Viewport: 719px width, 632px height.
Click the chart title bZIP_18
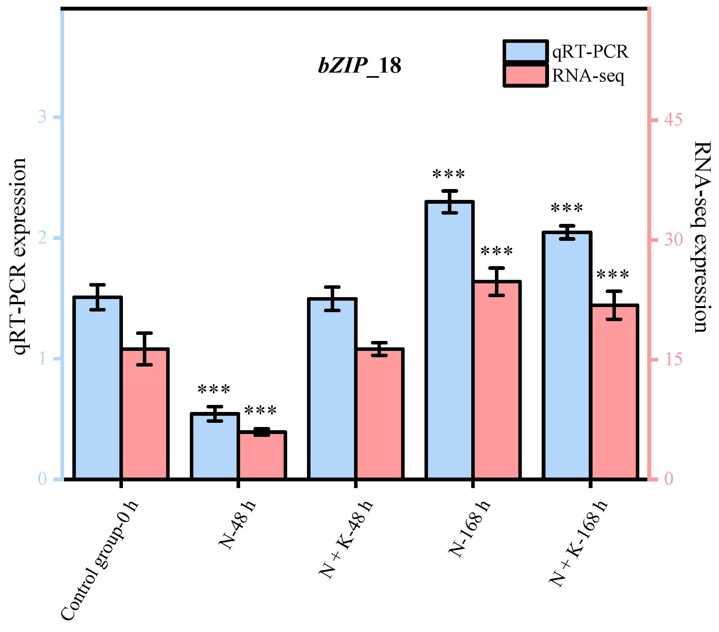click(x=359, y=66)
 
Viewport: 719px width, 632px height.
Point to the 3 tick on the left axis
click(x=42, y=117)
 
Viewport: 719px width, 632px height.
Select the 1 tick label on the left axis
click(x=43, y=359)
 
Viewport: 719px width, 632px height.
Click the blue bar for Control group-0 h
click(x=97, y=387)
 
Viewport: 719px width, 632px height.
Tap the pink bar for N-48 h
click(x=262, y=455)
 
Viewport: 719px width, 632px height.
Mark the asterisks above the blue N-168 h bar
click(x=448, y=174)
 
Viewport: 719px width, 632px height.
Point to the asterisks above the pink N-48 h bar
click(x=260, y=410)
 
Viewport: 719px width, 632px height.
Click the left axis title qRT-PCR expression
click(x=19, y=257)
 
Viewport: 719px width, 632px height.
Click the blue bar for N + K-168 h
click(x=567, y=355)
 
